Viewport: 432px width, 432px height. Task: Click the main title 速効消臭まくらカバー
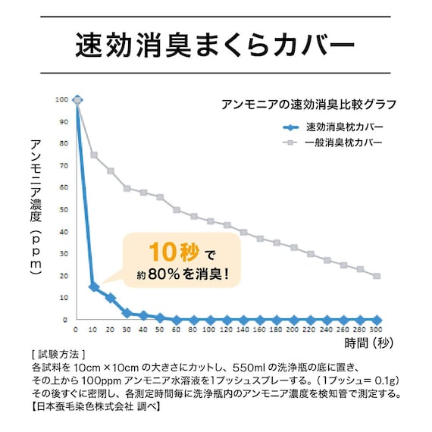pos(215,43)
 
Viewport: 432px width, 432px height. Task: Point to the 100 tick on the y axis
pos(61,99)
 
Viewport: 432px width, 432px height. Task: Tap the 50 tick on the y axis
pos(64,210)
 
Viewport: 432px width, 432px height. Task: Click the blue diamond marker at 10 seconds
pos(93,287)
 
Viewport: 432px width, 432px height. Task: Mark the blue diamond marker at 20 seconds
pos(110,298)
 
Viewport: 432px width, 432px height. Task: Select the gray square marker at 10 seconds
pos(94,155)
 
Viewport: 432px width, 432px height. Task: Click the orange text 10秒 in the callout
pos(176,251)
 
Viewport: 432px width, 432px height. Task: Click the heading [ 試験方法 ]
pos(55,354)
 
